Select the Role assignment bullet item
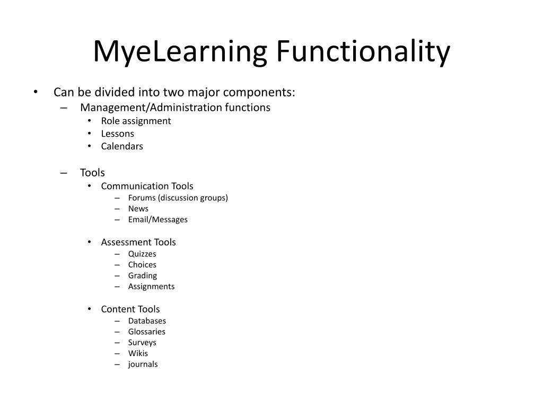coord(136,121)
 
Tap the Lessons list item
coord(118,134)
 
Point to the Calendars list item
coord(122,146)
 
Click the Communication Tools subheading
coord(147,186)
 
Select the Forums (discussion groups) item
coord(178,198)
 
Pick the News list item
coord(138,209)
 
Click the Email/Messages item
coord(157,219)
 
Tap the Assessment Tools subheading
coord(138,242)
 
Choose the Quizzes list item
coord(142,254)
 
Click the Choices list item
coord(142,264)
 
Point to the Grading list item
coord(142,276)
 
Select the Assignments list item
coord(151,286)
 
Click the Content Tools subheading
coord(130,309)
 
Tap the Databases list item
coord(147,321)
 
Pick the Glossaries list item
coord(146,332)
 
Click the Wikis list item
coord(138,353)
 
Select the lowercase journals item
coord(143,364)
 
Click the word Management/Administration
coord(151,108)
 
